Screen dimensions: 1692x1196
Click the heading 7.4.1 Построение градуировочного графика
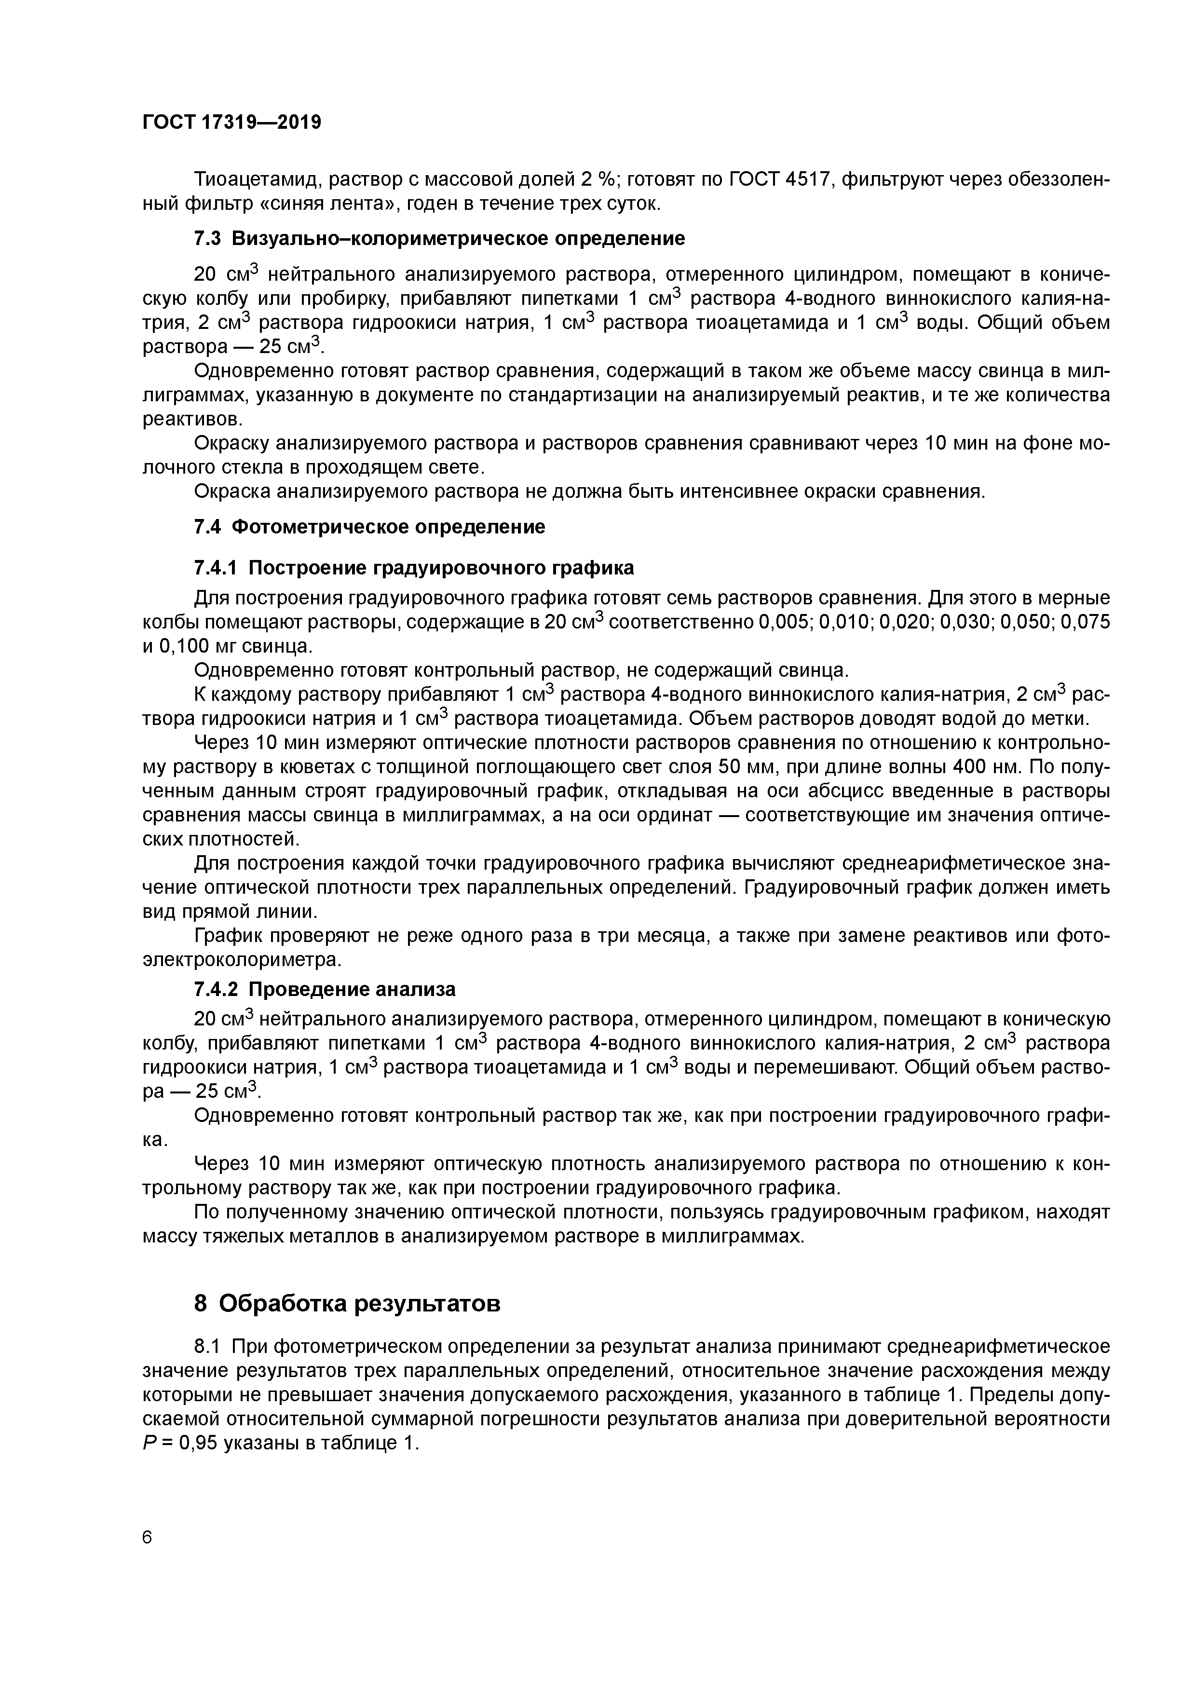(x=413, y=568)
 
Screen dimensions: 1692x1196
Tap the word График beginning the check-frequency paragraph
(x=226, y=936)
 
